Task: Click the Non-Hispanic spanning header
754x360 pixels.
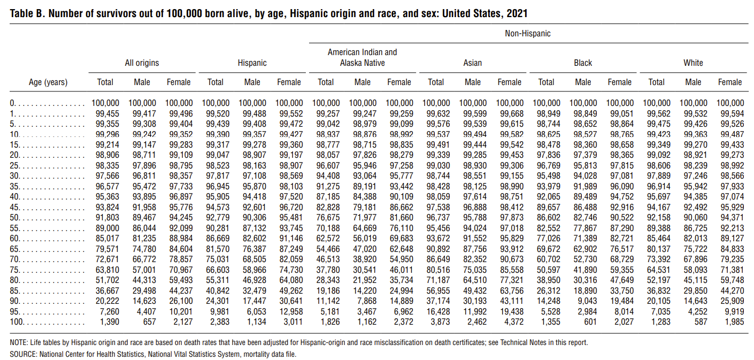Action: [x=527, y=34]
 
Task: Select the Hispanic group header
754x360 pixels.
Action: [x=252, y=63]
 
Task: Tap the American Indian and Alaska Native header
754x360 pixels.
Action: [x=362, y=58]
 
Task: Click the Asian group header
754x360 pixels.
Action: [x=473, y=63]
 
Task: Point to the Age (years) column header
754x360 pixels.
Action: [x=48, y=82]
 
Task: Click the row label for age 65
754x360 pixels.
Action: [x=14, y=249]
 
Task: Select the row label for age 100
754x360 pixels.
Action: [x=16, y=322]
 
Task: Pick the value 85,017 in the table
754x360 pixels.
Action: [x=107, y=239]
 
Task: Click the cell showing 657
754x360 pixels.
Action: [x=149, y=322]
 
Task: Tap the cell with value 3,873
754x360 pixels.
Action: [x=440, y=322]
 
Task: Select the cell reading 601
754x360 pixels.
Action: [x=590, y=322]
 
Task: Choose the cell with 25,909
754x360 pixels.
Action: [x=732, y=301]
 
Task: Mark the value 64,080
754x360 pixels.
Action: [x=291, y=280]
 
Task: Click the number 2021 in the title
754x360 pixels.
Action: [x=517, y=13]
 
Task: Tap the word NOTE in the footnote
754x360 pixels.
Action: [x=18, y=343]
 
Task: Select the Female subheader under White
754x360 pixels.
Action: [x=730, y=82]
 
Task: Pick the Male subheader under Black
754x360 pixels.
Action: [x=583, y=82]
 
